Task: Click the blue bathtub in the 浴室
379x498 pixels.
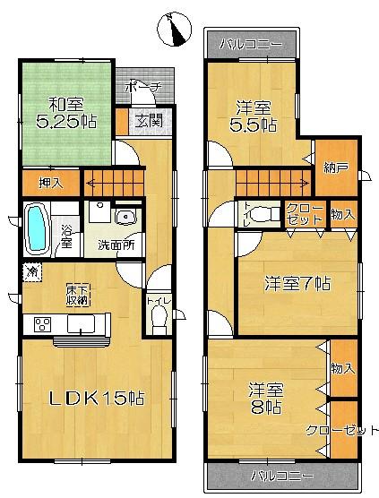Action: click(38, 228)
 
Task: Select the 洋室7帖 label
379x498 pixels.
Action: click(297, 284)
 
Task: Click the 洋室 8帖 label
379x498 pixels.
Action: click(266, 399)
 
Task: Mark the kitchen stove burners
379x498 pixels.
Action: click(41, 324)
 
